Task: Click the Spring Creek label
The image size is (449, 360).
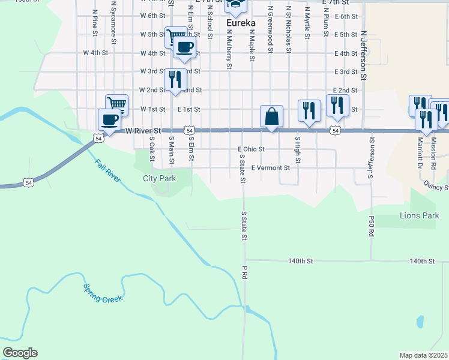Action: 103,293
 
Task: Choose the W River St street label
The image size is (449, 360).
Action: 143,130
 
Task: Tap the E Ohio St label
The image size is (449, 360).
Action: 251,149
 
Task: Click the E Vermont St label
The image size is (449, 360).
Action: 271,168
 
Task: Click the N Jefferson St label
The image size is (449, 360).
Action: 363,57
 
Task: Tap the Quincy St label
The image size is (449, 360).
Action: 437,187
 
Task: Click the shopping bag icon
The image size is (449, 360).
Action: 271,116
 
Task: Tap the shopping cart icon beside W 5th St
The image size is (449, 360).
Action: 175,36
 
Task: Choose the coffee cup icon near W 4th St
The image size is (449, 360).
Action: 185,47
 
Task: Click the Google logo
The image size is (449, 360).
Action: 19,353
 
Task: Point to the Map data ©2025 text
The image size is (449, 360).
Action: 423,355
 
